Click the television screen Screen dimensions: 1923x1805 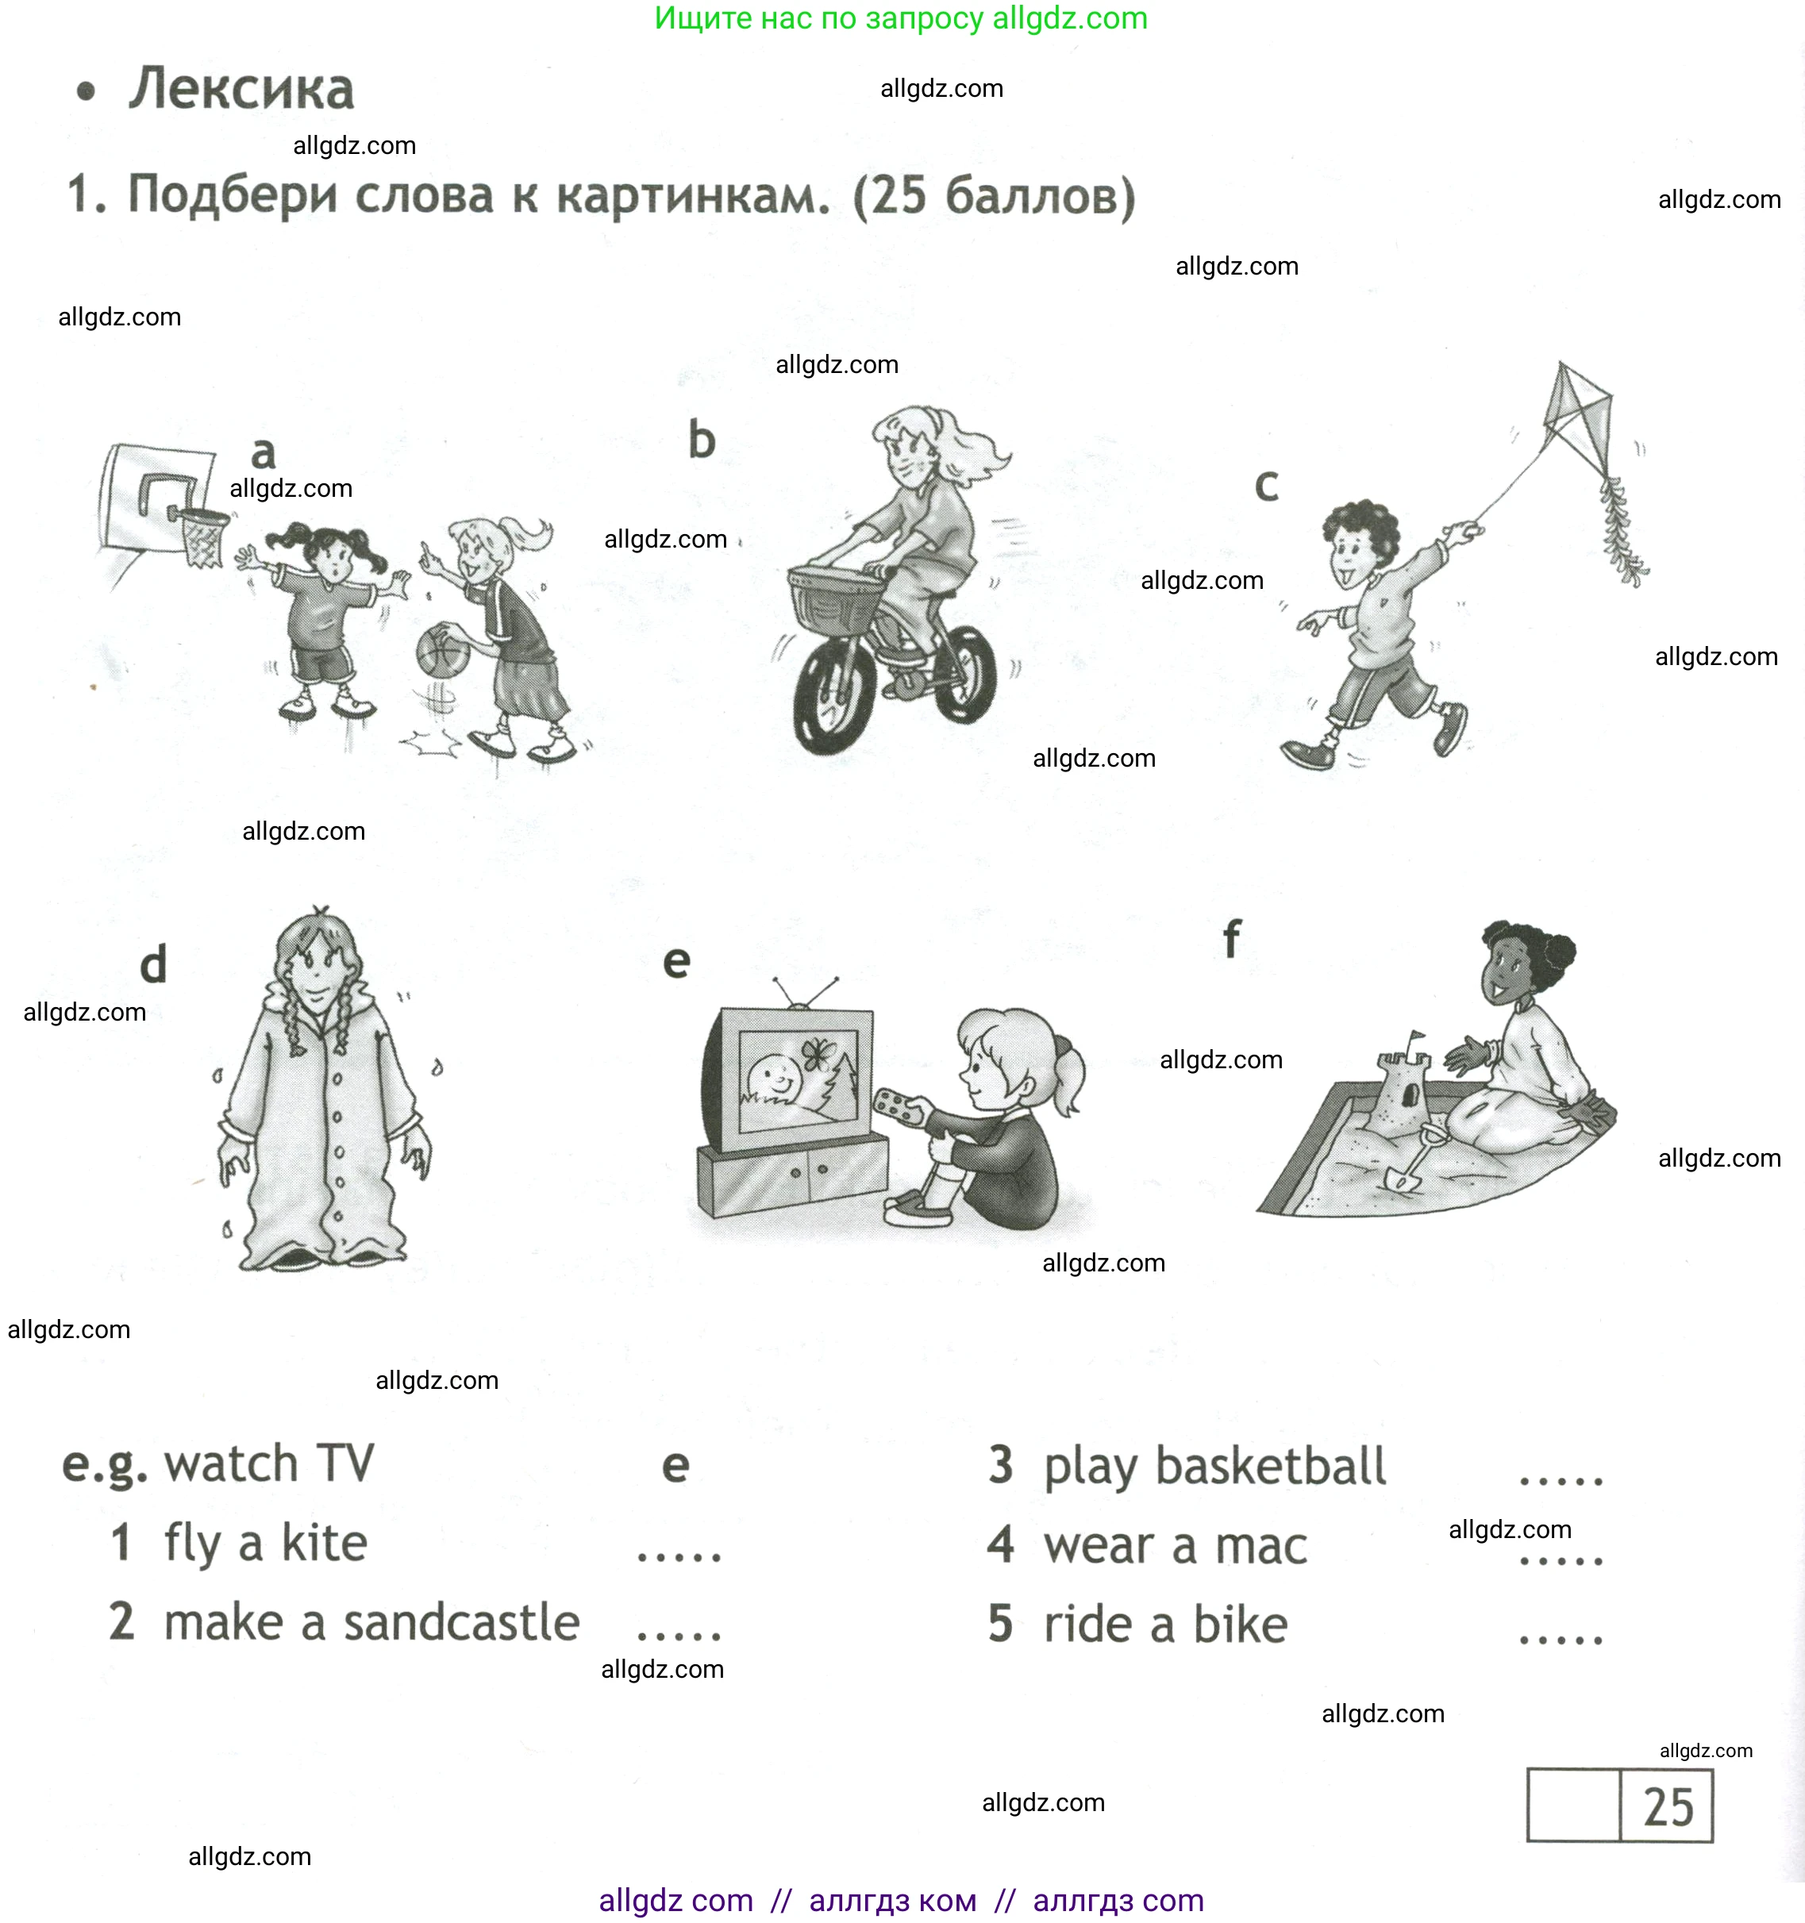pyautogui.click(x=798, y=1078)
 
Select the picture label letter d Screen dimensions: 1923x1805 pyautogui.click(x=154, y=964)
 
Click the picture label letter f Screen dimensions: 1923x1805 pyautogui.click(x=1230, y=939)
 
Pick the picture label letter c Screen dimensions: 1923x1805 pyautogui.click(x=1266, y=486)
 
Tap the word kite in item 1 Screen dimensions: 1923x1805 pyautogui.click(x=324, y=1544)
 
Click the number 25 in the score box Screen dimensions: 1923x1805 pyautogui.click(x=1668, y=1807)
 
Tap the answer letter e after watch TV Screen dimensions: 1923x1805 pyautogui.click(x=675, y=1467)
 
